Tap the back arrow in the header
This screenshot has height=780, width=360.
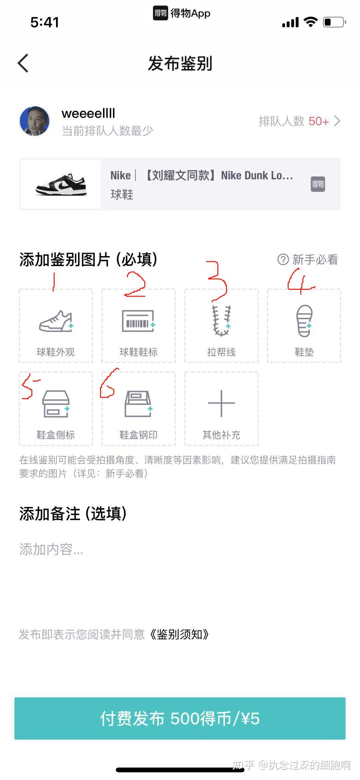tap(23, 63)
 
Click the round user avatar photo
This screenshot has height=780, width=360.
tap(35, 121)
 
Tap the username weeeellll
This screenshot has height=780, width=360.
tap(88, 113)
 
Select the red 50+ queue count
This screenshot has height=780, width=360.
tap(319, 121)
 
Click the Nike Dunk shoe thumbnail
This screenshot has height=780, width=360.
tap(61, 184)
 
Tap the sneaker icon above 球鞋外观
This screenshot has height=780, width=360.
tap(56, 321)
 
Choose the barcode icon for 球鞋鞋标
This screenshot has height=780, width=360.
tap(139, 321)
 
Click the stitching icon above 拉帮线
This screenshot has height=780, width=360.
tap(222, 320)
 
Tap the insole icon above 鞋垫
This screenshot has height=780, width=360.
tap(304, 320)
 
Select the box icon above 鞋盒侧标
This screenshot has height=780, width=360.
tap(56, 404)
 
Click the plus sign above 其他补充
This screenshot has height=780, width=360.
tap(221, 403)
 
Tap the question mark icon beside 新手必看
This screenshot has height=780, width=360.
tap(283, 259)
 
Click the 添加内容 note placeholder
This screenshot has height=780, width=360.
tap(51, 549)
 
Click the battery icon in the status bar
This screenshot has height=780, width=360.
tap(335, 22)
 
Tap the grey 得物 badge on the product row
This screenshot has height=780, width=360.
tap(318, 184)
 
